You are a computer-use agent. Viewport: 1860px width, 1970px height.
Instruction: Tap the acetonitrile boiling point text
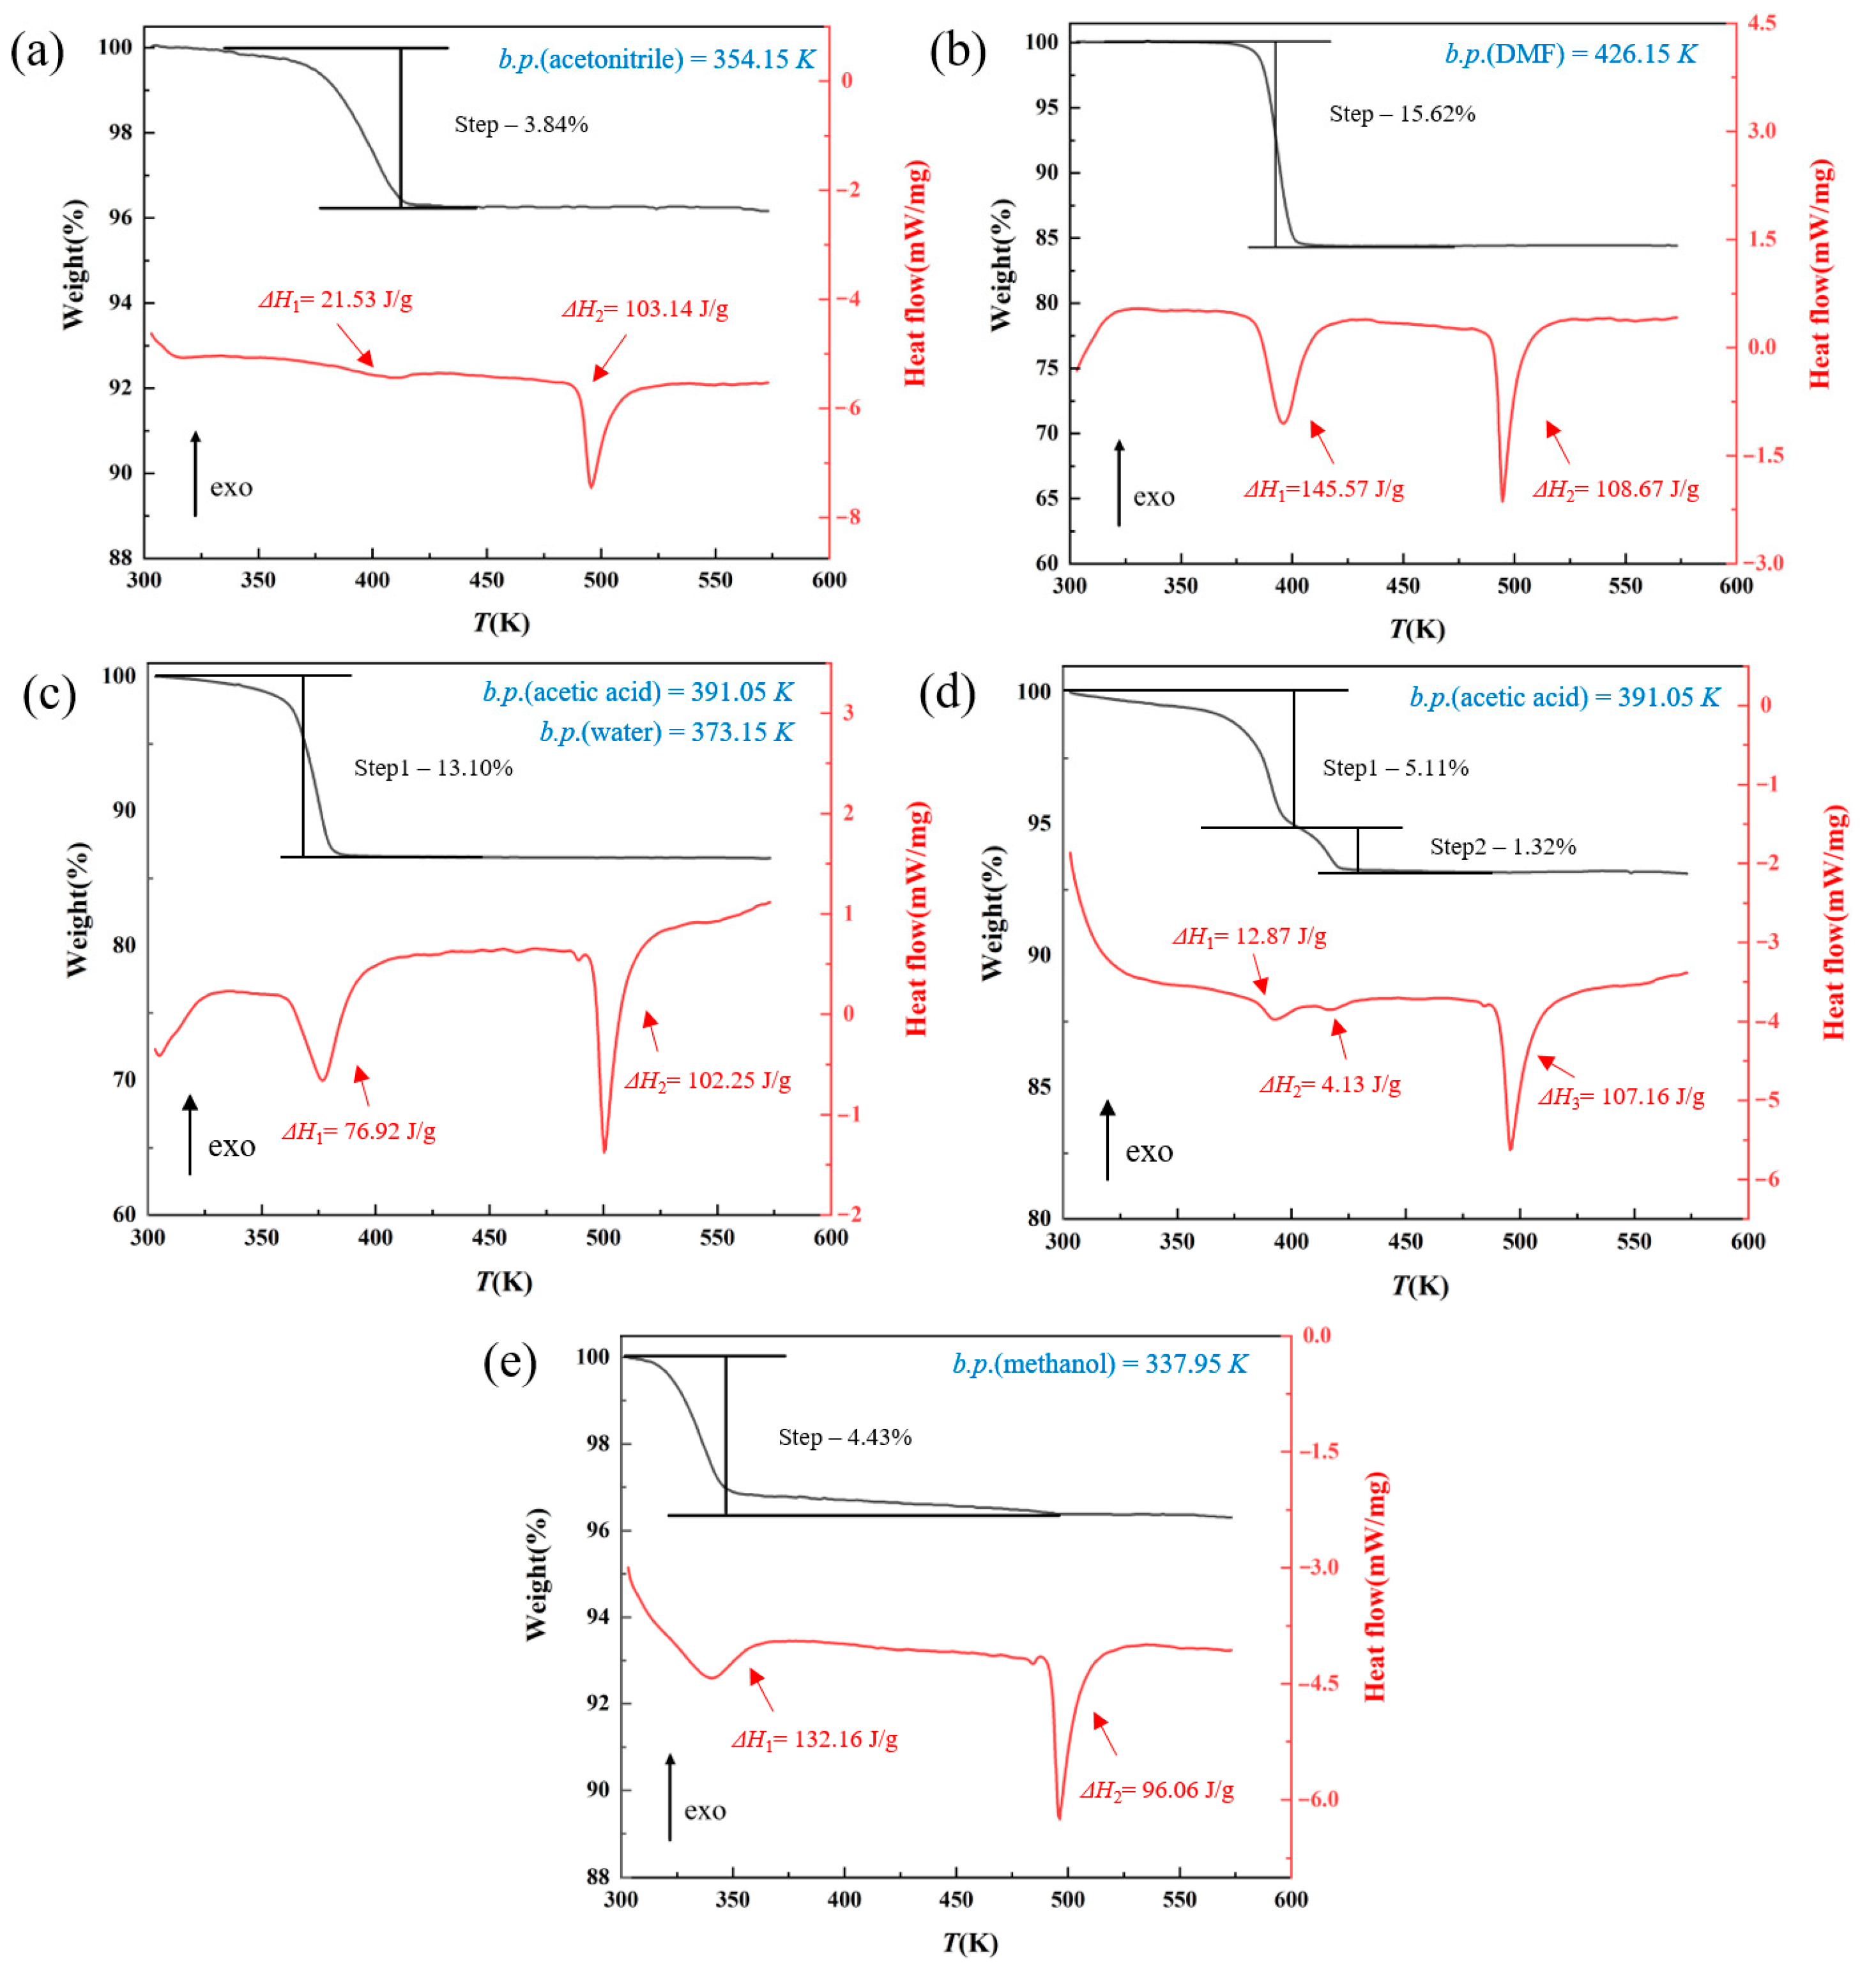[657, 59]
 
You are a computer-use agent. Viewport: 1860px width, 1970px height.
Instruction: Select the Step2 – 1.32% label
[1502, 846]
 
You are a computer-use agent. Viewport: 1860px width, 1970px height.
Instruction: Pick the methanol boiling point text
[1099, 1364]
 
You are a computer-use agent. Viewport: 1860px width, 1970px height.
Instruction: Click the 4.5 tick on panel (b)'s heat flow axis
[1761, 23]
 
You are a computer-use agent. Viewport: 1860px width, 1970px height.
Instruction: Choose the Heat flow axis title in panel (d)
[1834, 922]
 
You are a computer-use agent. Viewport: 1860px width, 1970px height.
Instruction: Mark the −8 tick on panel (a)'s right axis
[846, 517]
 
